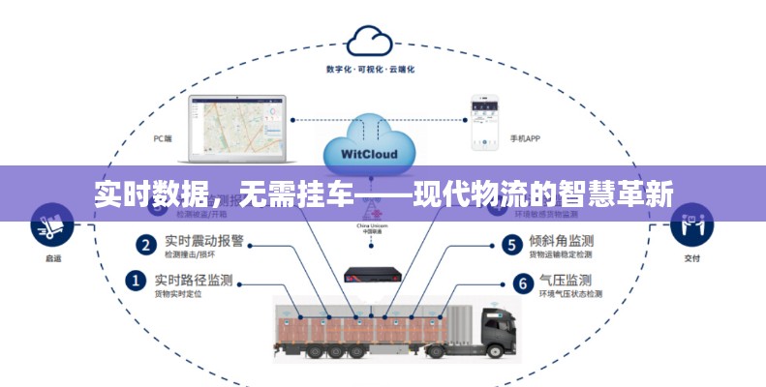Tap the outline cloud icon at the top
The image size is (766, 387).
pyautogui.click(x=369, y=41)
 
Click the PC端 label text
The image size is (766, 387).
pyautogui.click(x=162, y=138)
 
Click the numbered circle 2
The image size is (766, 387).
pyautogui.click(x=146, y=244)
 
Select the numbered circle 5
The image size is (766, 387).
pyautogui.click(x=511, y=244)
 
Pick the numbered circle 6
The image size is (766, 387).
pyautogui.click(x=523, y=283)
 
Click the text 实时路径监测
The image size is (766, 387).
pyautogui.click(x=193, y=280)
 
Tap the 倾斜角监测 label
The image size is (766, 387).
pyautogui.click(x=561, y=241)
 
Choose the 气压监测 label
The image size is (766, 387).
pyautogui.click(x=567, y=280)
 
